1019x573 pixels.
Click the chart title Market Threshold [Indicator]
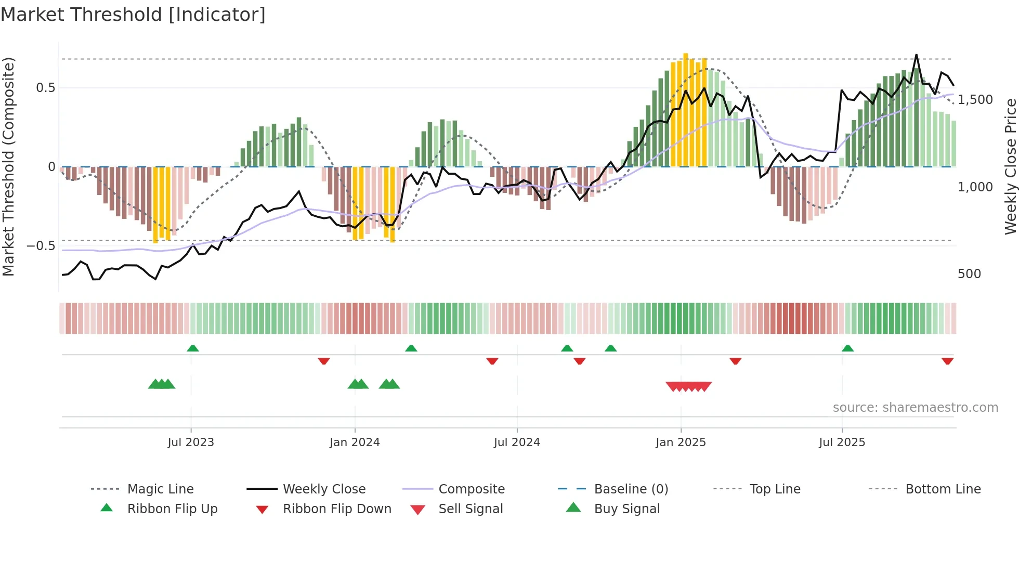tap(133, 15)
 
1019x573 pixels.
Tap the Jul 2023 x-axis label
tap(191, 442)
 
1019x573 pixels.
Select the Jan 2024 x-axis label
tap(355, 442)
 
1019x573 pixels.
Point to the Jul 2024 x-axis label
tap(517, 442)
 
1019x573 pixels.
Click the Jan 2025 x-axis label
tap(681, 442)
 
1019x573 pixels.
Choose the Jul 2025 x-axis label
tap(842, 442)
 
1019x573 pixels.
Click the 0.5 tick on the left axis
tap(46, 88)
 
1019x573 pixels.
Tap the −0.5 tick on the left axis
tap(41, 245)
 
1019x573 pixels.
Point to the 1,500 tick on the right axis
tap(975, 100)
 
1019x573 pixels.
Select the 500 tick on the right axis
tap(969, 274)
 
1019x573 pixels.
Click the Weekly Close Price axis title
tap(1010, 166)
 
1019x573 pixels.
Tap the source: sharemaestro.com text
tap(915, 408)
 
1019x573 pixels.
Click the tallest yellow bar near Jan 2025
tap(686, 109)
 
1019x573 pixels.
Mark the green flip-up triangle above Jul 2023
tap(193, 348)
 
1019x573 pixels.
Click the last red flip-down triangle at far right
tap(947, 361)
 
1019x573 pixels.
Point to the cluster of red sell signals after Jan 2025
tap(688, 386)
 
